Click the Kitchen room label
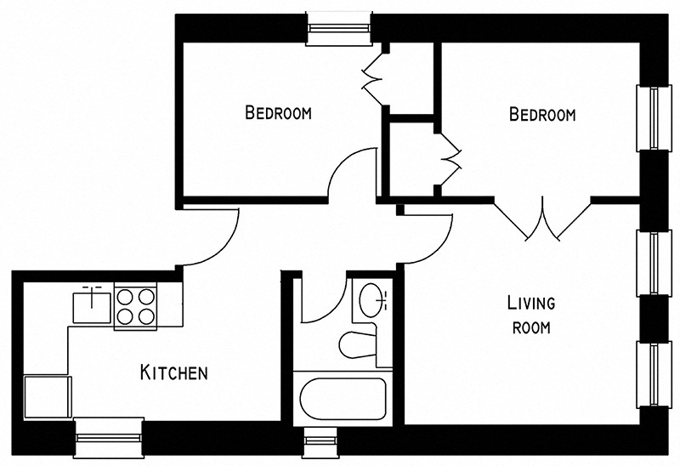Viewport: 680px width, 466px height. (174, 372)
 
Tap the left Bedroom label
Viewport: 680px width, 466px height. (278, 112)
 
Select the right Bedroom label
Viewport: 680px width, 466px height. (542, 114)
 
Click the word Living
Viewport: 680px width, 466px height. (531, 303)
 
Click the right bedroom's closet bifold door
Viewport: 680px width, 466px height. (449, 161)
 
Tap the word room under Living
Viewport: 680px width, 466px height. (531, 327)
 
